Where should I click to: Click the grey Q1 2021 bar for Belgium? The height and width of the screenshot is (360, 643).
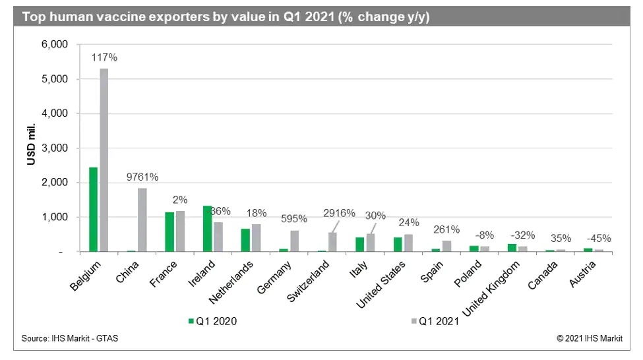pos(104,160)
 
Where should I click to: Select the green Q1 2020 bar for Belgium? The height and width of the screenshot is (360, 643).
pos(93,209)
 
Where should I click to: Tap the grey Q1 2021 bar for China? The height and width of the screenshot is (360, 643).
pos(142,220)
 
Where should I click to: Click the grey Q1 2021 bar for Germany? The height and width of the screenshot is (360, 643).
pos(295,241)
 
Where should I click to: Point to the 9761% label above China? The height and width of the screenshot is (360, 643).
pos(142,177)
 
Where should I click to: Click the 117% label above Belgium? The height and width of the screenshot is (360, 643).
pos(104,57)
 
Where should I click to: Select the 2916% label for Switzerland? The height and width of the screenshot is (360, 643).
pos(339,213)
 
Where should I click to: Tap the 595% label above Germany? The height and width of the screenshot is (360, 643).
pos(295,219)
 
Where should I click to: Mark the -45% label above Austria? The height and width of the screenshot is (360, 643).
pos(600,238)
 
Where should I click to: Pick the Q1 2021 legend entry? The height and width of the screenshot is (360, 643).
pos(435,321)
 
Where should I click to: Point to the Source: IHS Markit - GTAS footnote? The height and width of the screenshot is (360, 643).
pos(70,338)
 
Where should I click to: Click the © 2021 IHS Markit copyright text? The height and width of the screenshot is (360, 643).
pos(590,338)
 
